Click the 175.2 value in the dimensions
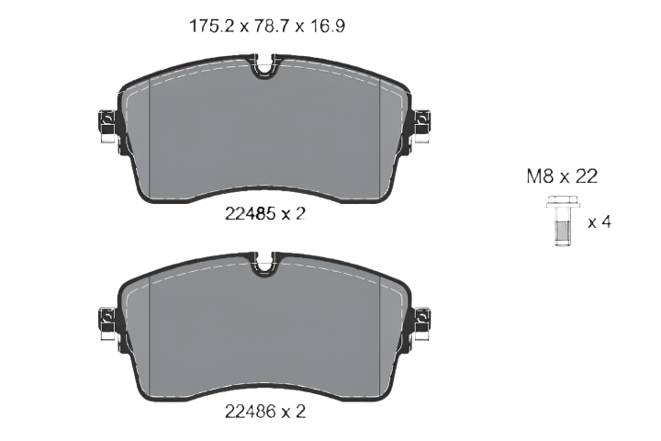pyautogui.click(x=211, y=26)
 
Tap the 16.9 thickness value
pyautogui.click(x=328, y=26)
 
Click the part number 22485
pyautogui.click(x=251, y=214)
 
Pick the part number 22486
pyautogui.click(x=251, y=411)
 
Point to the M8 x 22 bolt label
pyautogui.click(x=562, y=176)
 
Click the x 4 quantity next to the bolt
pyautogui.click(x=599, y=222)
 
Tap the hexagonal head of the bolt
pyautogui.click(x=563, y=202)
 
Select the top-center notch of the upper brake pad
pyautogui.click(x=264, y=67)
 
